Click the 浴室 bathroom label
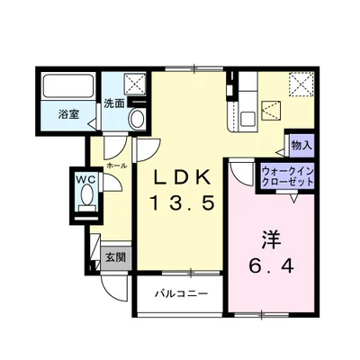68,115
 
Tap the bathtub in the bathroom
67,89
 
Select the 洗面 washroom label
113,103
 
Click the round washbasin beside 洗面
138,118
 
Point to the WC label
85,178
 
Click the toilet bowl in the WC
85,201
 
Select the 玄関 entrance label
114,257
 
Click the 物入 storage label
301,144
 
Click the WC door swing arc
110,185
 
